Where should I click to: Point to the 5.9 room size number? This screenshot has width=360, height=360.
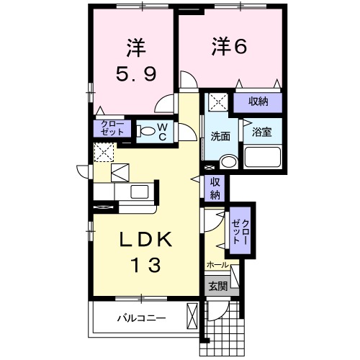[135, 74]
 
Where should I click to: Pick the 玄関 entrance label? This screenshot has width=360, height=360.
[217, 286]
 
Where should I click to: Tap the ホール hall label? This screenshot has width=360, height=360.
[217, 265]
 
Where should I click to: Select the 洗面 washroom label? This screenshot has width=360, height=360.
[220, 135]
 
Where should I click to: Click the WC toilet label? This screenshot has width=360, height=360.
[163, 131]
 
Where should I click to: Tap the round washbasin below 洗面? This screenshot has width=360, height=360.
[228, 161]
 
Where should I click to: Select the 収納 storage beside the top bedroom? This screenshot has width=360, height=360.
[258, 102]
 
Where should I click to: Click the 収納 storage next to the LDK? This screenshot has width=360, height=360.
[215, 187]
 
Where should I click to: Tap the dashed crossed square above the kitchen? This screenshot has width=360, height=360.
[103, 152]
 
